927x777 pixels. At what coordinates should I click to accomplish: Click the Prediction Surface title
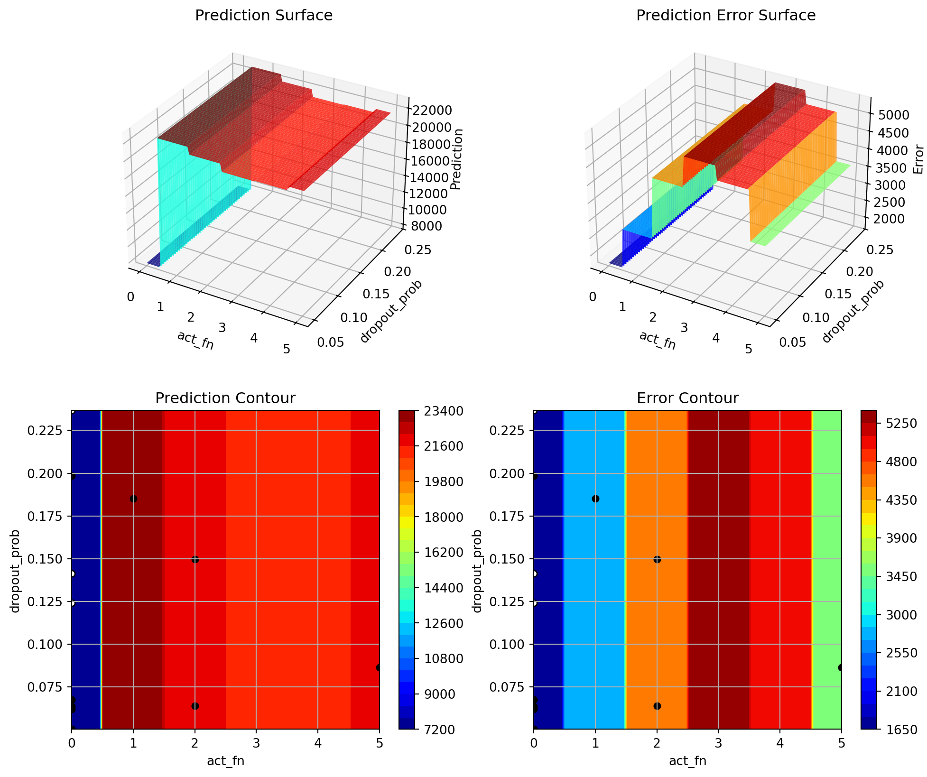point(264,16)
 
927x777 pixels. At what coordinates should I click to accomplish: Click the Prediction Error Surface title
point(725,16)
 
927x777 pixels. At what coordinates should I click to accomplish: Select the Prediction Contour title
point(225,398)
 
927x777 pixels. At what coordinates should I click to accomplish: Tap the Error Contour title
point(687,398)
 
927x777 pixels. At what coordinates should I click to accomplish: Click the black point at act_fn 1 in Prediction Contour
point(133,499)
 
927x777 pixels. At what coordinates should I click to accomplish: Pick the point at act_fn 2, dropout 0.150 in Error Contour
point(657,559)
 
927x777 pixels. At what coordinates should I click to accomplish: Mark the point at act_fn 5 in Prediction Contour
point(379,667)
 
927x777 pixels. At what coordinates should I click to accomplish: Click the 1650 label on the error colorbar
point(899,729)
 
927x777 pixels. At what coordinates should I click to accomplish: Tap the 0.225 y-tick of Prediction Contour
point(50,431)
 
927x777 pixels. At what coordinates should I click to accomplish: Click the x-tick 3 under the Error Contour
point(718,741)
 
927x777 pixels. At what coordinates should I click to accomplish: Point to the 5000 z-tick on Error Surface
point(894,115)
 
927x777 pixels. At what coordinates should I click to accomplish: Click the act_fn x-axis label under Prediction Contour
point(225,761)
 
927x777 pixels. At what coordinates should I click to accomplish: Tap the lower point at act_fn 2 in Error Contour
point(657,706)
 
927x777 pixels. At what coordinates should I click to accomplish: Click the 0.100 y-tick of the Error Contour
point(512,644)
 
